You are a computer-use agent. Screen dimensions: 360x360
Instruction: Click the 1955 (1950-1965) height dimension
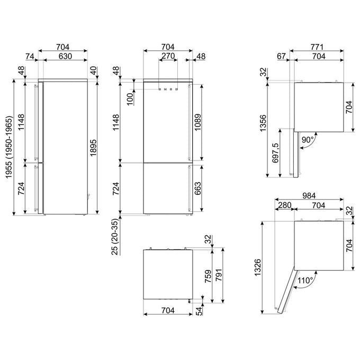click(8, 147)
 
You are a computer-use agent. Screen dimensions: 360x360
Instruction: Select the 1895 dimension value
click(93, 148)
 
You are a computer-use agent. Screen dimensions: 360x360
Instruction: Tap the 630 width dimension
click(66, 56)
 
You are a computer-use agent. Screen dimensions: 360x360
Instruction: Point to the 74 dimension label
click(30, 56)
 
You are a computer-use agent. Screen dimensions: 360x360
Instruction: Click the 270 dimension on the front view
click(168, 56)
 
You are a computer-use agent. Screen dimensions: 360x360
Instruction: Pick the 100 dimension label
click(130, 99)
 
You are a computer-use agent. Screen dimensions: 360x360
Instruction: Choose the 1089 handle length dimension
click(197, 122)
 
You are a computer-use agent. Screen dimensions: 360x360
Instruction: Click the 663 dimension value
click(197, 188)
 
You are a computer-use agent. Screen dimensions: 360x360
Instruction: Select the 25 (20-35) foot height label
click(115, 237)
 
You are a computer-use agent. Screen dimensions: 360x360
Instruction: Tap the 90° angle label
click(308, 139)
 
